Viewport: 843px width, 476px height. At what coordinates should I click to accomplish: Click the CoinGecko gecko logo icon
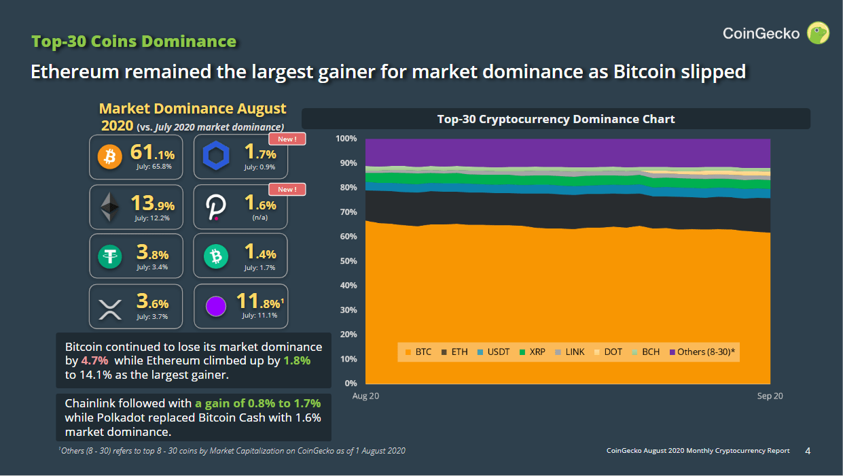click(817, 33)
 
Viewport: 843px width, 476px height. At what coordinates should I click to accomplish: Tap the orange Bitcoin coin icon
click(109, 158)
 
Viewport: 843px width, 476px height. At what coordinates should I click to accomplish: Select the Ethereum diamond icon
click(109, 207)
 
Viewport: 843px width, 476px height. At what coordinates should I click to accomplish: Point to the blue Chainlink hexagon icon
click(216, 158)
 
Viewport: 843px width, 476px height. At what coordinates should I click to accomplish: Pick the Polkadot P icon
click(216, 207)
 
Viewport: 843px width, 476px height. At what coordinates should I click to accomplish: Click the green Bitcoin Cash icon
click(216, 256)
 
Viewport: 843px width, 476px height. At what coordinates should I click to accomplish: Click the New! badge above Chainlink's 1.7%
click(287, 139)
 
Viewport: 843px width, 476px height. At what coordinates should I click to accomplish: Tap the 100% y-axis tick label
click(345, 139)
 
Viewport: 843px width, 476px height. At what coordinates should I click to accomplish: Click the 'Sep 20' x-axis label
click(770, 396)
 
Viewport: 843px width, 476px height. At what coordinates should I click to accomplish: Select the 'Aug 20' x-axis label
click(365, 396)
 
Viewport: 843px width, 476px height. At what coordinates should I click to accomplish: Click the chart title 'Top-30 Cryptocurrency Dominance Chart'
click(556, 119)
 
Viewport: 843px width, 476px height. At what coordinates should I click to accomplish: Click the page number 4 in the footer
click(808, 451)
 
